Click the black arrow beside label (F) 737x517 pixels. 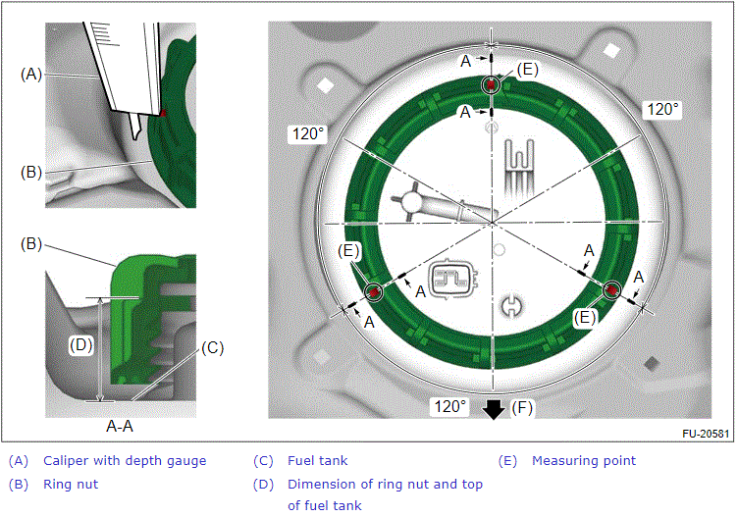[x=494, y=407]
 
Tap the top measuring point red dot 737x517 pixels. [x=490, y=86]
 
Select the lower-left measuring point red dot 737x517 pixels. [x=373, y=292]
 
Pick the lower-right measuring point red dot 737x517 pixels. [x=610, y=290]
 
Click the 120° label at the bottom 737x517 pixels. [x=450, y=405]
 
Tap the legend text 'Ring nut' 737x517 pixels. [x=71, y=484]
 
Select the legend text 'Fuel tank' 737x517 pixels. [x=317, y=460]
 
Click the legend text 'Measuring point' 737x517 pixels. [x=583, y=460]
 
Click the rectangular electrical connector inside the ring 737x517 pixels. [x=454, y=280]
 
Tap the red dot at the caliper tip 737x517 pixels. [x=164, y=114]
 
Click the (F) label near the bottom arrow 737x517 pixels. [x=522, y=405]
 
